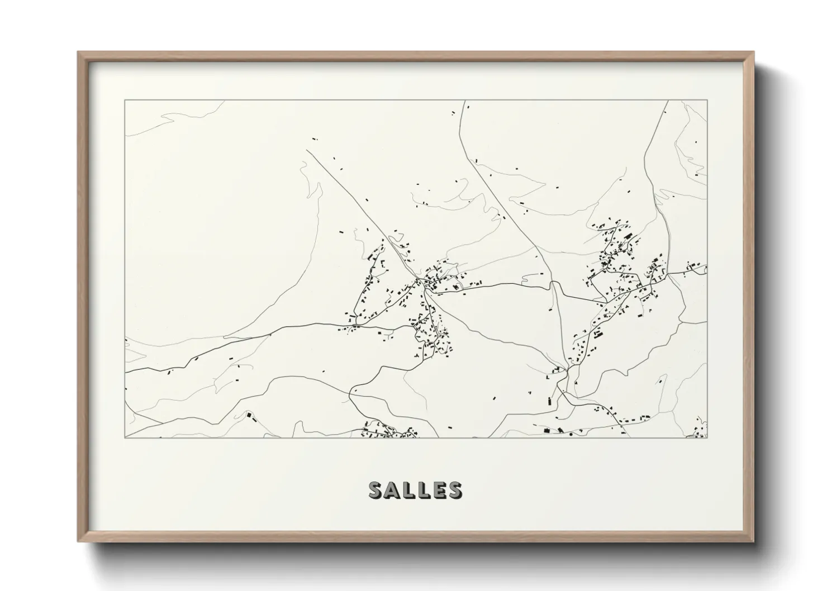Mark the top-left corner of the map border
pyautogui.click(x=125, y=101)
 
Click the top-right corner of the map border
pyautogui.click(x=707, y=101)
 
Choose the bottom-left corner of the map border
pyautogui.click(x=125, y=437)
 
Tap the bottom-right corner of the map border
pyautogui.click(x=707, y=437)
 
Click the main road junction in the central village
pyautogui.click(x=425, y=285)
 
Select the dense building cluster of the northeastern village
pyautogui.click(x=617, y=251)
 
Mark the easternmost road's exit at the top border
pyautogui.click(x=668, y=101)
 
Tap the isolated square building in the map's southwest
pyautogui.click(x=249, y=416)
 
